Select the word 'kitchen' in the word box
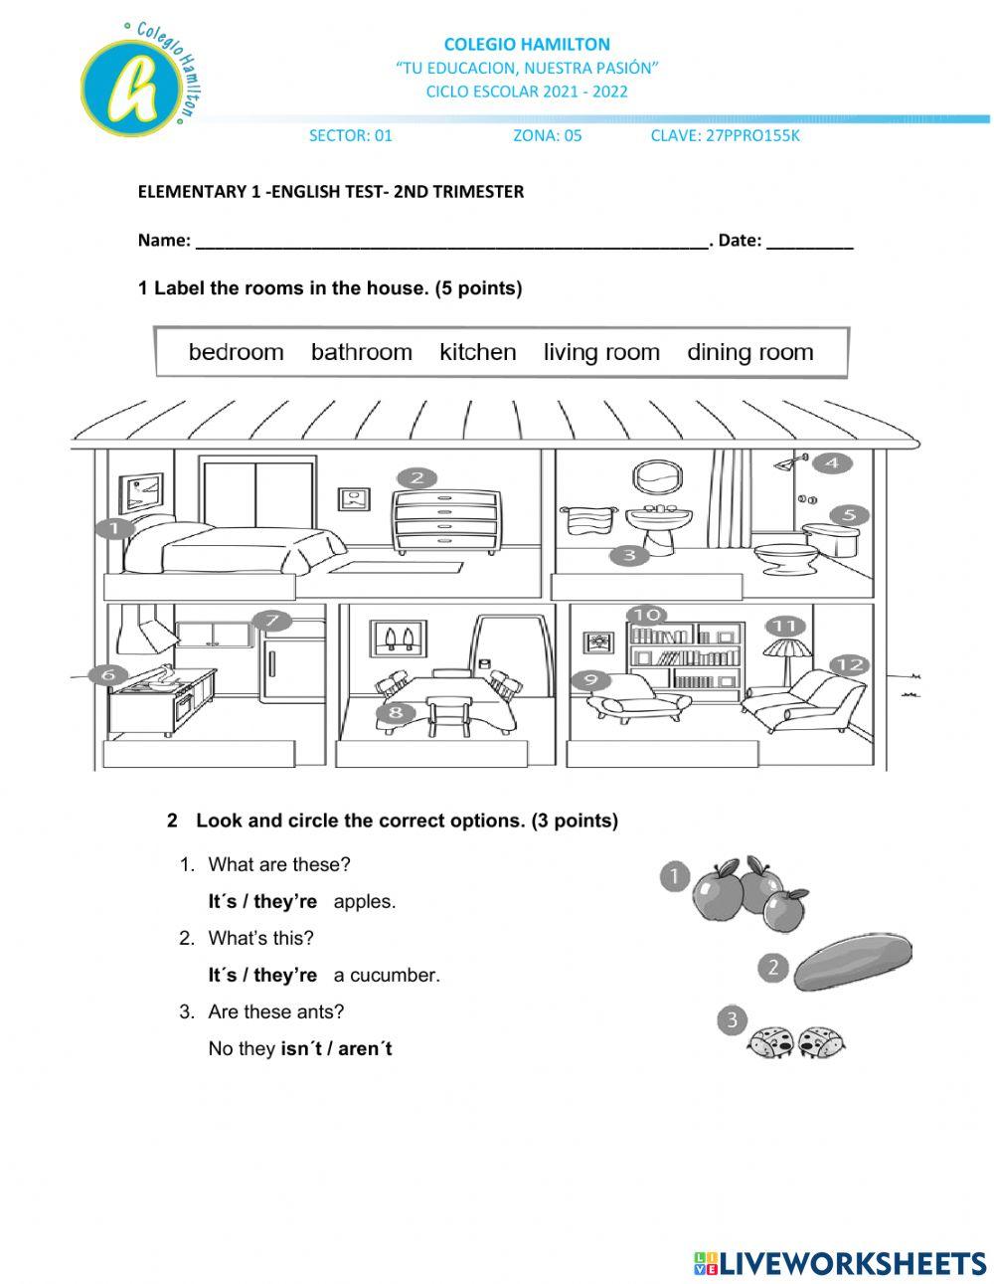click(478, 352)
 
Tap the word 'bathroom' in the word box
click(362, 352)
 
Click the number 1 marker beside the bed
click(114, 528)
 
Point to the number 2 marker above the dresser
click(416, 478)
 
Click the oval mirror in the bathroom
click(656, 476)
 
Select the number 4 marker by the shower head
click(832, 462)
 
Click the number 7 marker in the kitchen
click(273, 622)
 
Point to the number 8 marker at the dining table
click(396, 712)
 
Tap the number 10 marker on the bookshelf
click(647, 616)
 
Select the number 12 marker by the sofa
click(848, 664)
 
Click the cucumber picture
click(853, 962)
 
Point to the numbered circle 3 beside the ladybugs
click(733, 1019)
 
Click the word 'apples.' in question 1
click(365, 902)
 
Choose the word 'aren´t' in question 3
click(365, 1049)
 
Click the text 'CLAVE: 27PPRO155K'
click(725, 136)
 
